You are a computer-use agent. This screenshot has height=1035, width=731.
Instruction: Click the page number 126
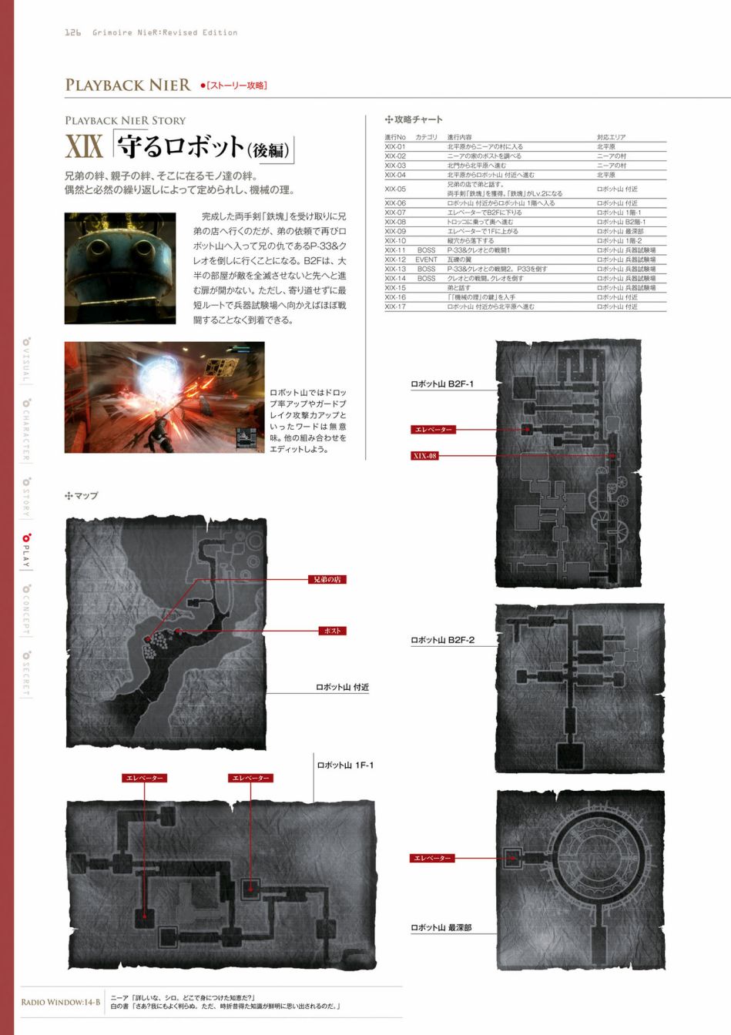pos(73,32)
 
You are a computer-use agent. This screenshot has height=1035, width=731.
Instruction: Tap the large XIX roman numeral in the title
pos(84,147)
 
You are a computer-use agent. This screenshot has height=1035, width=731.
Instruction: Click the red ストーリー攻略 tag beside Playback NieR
pos(234,85)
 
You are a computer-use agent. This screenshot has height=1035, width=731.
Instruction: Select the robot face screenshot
pos(120,268)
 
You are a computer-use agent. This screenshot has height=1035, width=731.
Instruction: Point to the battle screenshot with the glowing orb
pos(164,397)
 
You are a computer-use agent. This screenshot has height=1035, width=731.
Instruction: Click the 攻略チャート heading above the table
pos(414,119)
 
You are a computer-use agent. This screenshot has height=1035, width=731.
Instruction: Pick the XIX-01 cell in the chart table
pos(395,146)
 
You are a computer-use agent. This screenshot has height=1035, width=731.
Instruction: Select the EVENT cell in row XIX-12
pos(426,260)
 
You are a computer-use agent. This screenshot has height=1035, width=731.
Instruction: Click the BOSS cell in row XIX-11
pos(426,250)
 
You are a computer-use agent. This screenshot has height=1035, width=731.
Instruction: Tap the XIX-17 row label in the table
pos(395,306)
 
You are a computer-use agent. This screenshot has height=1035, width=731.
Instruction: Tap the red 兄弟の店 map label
pos(327,579)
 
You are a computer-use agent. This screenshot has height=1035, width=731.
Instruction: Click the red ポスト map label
pos(332,631)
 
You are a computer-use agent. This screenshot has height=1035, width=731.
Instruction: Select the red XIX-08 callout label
pos(424,455)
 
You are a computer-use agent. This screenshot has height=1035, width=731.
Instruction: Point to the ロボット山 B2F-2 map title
pos(442,640)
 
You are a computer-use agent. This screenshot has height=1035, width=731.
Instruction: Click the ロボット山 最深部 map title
pos(441,928)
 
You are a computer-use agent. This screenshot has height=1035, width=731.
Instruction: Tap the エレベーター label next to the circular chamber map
pos(431,858)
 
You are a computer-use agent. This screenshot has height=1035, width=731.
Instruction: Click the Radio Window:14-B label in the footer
pos(61,1002)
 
